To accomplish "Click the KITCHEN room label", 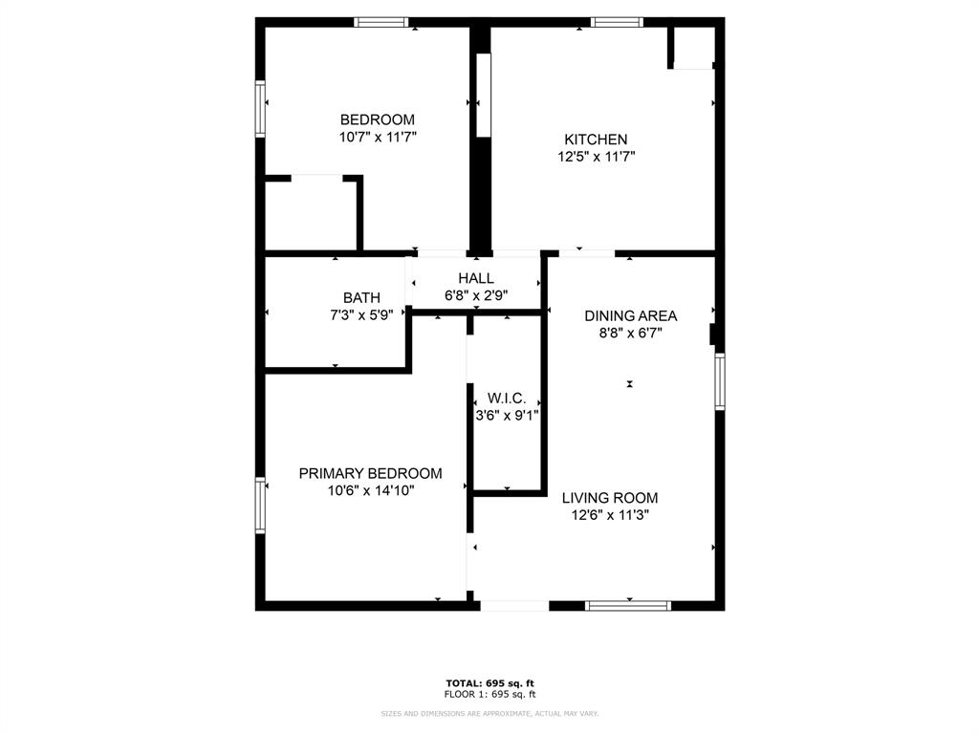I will point(595,140).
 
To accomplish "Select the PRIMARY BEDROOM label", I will point(370,473).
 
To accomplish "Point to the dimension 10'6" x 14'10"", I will point(370,490).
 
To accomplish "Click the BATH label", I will point(361,298).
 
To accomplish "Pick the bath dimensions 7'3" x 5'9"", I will point(361,314).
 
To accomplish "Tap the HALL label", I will point(476,278).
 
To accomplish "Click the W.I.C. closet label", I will point(507,398).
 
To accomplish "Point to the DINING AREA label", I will point(630,316).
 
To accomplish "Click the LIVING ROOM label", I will point(609,498).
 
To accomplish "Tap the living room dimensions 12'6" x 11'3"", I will point(609,515).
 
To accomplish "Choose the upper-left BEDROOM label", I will point(378,119).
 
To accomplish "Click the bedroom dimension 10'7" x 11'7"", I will point(378,137).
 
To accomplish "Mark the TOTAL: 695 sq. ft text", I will point(490,682).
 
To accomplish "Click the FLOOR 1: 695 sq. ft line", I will point(490,694).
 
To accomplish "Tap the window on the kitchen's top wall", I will point(617,22).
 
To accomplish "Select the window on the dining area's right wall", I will point(720,381).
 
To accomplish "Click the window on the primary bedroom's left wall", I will point(259,505).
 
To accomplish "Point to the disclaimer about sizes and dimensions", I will point(489,713).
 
